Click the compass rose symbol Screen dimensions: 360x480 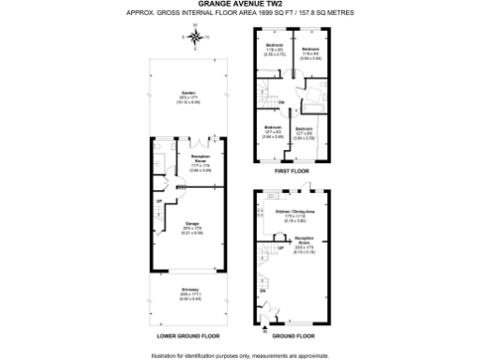tap(194, 37)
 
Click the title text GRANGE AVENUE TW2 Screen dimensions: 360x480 tap(239, 5)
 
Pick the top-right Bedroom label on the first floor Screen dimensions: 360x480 tap(310, 49)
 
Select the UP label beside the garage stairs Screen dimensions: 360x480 tap(159, 203)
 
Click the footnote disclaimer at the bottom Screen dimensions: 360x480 tap(239, 354)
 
